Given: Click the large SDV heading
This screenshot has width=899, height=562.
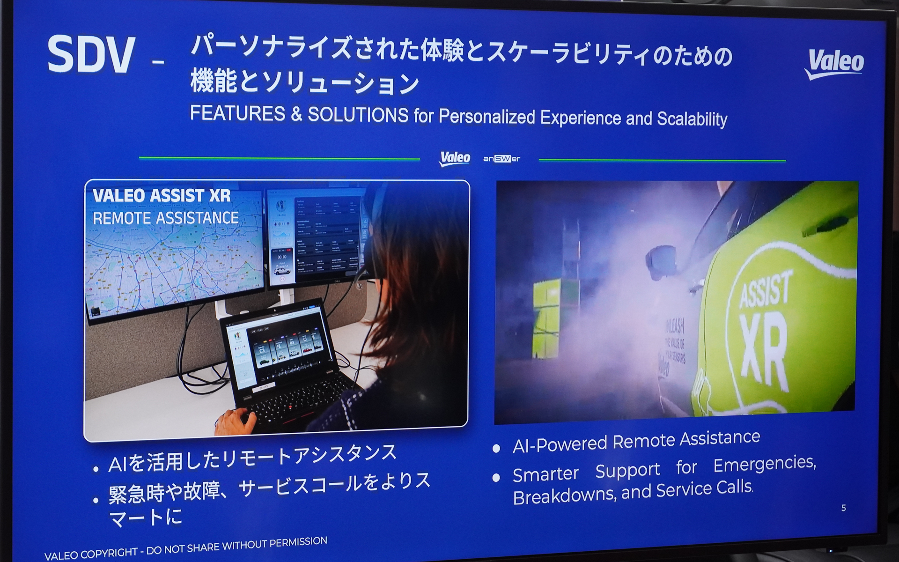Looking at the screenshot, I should coord(91,55).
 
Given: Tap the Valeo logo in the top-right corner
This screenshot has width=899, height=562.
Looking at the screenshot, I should coord(835,64).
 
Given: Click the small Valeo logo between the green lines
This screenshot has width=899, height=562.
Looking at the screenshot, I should coord(455,158).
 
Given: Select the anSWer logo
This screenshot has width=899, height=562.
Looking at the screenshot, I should coord(501,159).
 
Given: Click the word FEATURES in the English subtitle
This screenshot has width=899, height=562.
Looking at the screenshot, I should coord(237,113).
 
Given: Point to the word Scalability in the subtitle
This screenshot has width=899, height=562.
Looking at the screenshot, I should coord(692,119).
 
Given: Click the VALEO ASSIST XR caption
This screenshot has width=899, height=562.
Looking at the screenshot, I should coord(162,195).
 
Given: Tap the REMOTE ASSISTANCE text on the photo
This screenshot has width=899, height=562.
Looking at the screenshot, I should coord(166,218).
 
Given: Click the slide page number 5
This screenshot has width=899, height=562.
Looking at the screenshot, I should coord(843,508).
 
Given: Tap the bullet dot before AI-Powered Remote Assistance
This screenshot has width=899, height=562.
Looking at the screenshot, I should coord(496,448).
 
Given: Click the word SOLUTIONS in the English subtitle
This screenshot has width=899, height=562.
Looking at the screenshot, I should coord(358,114).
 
